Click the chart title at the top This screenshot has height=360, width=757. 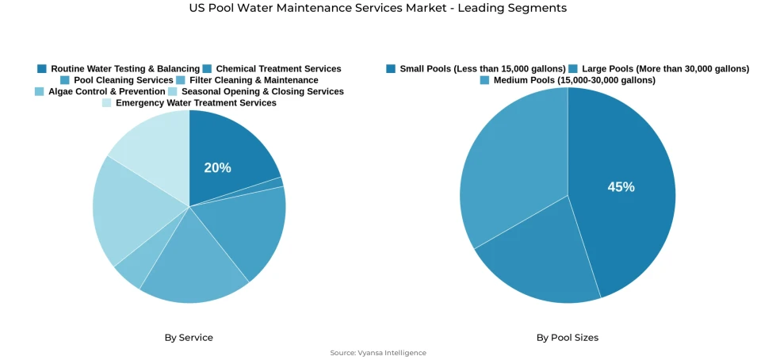(378, 8)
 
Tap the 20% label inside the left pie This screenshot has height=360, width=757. (217, 167)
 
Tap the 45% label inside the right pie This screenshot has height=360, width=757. (621, 187)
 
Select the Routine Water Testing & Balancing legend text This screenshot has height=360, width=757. (124, 69)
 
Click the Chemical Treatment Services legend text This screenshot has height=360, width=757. (278, 69)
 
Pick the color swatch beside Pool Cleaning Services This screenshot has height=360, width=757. (65, 80)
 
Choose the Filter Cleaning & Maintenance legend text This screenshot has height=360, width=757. (254, 80)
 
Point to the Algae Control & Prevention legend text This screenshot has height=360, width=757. (106, 91)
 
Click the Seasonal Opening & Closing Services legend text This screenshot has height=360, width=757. (262, 91)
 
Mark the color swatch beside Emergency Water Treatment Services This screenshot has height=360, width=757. (107, 102)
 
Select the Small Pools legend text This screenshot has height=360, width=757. (482, 69)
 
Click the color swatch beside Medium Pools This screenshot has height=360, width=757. (484, 80)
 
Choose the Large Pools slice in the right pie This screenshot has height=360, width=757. (539, 262)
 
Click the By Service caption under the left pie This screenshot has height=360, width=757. (189, 338)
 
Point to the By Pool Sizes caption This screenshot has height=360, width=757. (567, 338)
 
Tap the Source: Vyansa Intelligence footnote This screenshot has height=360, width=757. (378, 353)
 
